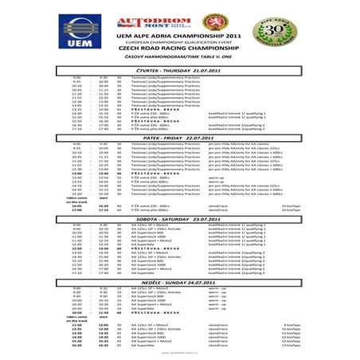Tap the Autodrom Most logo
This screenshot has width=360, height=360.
(147, 24)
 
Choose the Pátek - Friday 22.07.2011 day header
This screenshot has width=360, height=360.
(178, 138)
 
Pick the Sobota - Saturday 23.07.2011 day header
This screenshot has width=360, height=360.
(178, 218)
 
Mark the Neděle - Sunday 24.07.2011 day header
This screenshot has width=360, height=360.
(178, 282)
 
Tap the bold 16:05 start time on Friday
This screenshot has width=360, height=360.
(76, 205)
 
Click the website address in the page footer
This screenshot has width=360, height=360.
(178, 354)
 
